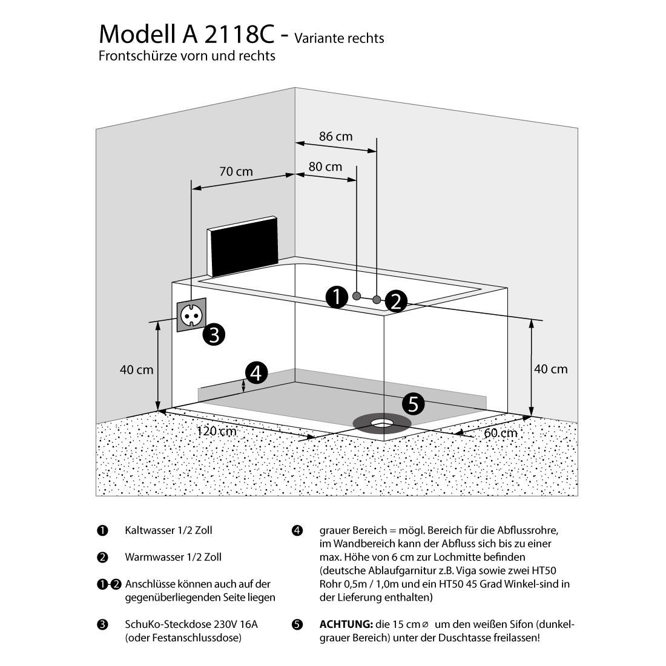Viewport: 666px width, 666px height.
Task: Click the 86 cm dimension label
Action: point(335,136)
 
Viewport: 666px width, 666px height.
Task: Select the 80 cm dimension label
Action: point(325,166)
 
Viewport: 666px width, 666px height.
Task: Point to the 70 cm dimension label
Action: point(236,172)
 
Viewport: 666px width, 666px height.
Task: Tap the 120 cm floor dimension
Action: point(216,432)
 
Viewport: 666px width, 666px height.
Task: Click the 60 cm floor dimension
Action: point(501,433)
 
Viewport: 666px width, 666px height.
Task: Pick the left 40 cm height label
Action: point(136,369)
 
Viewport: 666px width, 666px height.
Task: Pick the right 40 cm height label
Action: point(550,369)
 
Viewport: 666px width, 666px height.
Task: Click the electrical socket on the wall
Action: point(191,314)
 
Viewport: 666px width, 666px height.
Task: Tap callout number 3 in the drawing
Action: point(214,334)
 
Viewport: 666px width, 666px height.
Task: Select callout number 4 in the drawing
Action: point(256,374)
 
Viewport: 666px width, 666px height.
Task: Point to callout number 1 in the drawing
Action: point(336,297)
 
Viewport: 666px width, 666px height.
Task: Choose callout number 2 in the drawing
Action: point(395,301)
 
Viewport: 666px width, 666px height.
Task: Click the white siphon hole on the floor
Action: point(381,422)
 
